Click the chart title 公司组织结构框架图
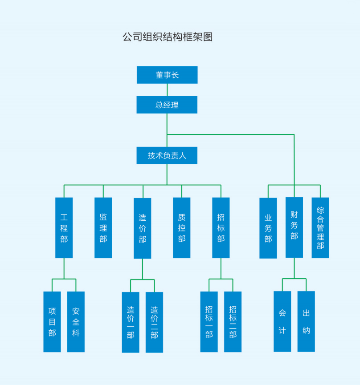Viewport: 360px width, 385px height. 168,37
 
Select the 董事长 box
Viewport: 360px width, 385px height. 167,75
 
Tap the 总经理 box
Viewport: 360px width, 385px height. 167,105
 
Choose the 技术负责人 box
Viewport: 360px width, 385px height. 167,156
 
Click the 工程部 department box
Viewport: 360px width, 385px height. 64,228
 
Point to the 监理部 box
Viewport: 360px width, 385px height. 103,228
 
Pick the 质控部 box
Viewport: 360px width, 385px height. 182,228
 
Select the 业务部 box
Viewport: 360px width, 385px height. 268,228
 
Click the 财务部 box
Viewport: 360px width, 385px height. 294,227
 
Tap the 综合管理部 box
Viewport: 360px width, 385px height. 320,228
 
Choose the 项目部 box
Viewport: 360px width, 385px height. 52,322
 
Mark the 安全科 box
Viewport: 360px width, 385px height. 76,322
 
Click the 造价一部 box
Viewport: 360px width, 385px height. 131,322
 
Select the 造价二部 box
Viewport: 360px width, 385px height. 154,322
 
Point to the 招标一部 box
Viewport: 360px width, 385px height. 209,322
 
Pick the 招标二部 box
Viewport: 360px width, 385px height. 233,322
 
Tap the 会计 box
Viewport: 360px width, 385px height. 282,321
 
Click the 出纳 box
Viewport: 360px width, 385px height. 306,321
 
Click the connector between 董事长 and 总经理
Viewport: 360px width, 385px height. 167,90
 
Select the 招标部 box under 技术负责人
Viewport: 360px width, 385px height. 221,228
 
